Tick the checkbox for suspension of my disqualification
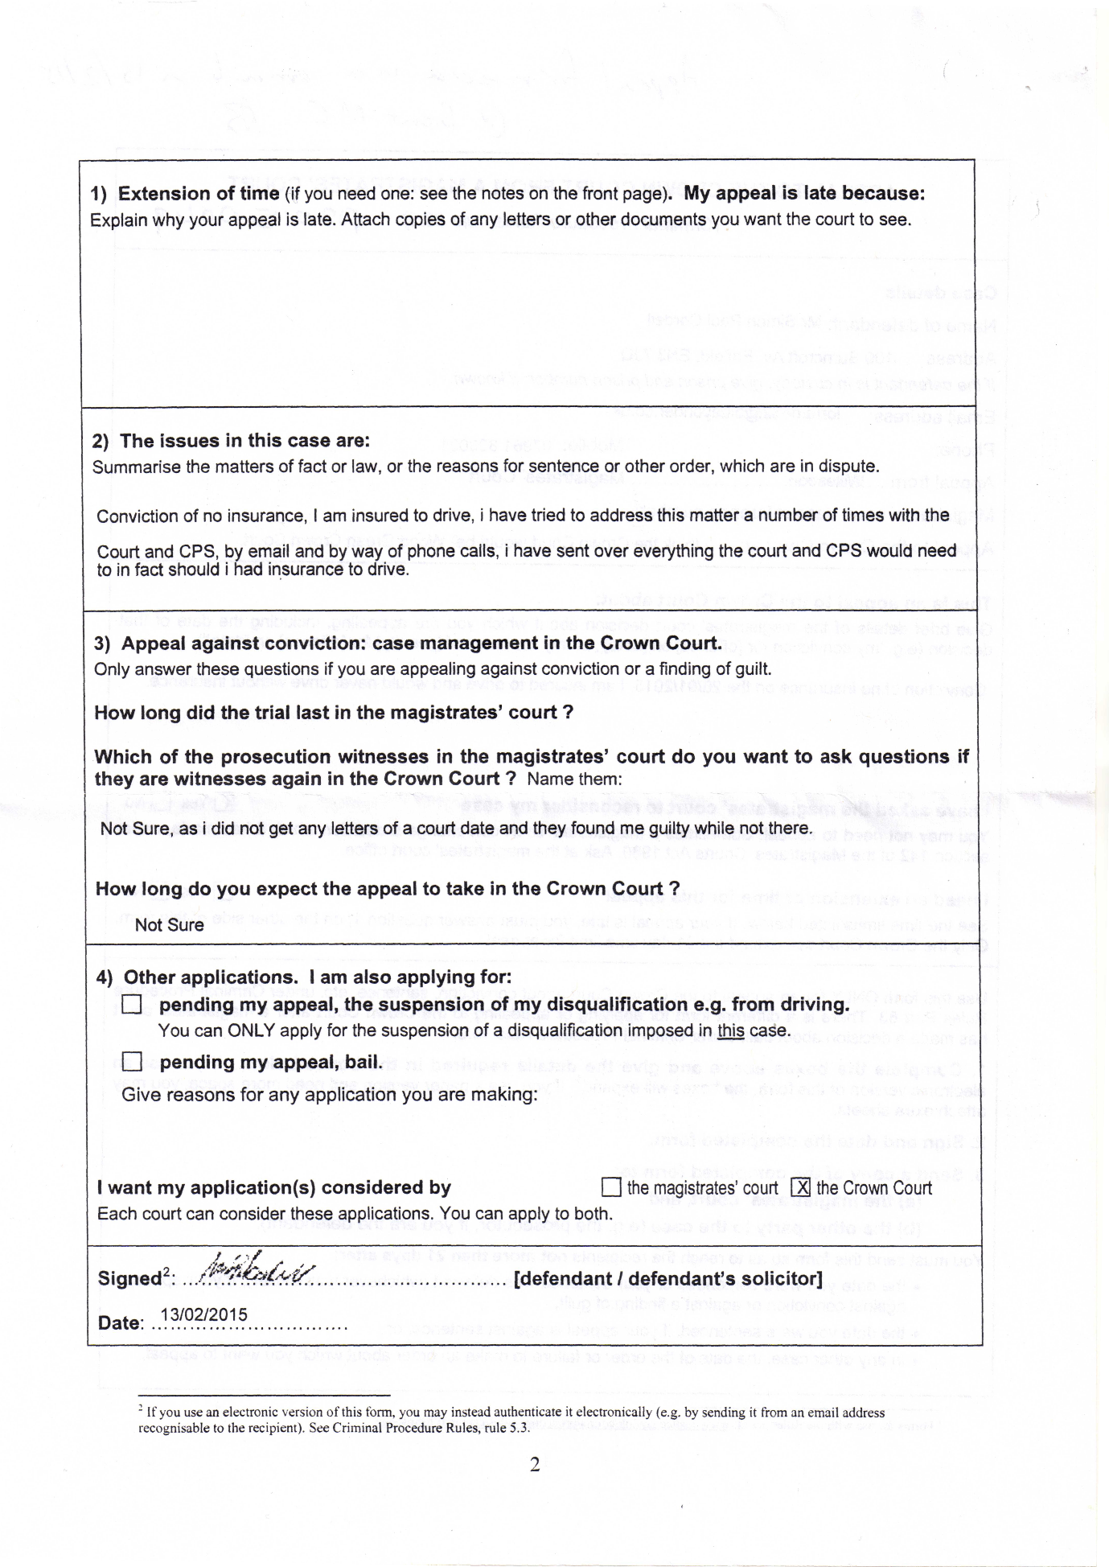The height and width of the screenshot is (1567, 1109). [x=131, y=1005]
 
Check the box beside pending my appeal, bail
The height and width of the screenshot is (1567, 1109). [x=131, y=1062]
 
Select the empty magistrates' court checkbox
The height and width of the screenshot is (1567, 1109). [x=611, y=1187]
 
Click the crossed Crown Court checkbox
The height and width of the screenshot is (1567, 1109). [x=800, y=1187]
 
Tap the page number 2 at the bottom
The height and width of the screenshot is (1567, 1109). [x=535, y=1465]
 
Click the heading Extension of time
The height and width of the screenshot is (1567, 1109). [x=198, y=194]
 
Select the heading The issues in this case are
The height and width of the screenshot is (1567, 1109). [x=244, y=441]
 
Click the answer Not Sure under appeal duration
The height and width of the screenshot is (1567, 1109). [x=169, y=925]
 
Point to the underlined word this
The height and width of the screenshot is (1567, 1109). [x=730, y=1030]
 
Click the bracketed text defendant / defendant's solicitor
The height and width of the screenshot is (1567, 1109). [x=667, y=1278]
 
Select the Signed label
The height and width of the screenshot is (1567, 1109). [x=129, y=1278]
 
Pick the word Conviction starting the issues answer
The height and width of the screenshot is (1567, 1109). [x=132, y=516]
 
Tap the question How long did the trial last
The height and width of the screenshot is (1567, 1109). [x=333, y=713]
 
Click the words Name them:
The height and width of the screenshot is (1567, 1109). [x=574, y=779]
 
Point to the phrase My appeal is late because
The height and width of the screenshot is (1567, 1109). [x=804, y=194]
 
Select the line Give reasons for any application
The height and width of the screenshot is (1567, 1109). [x=330, y=1095]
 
